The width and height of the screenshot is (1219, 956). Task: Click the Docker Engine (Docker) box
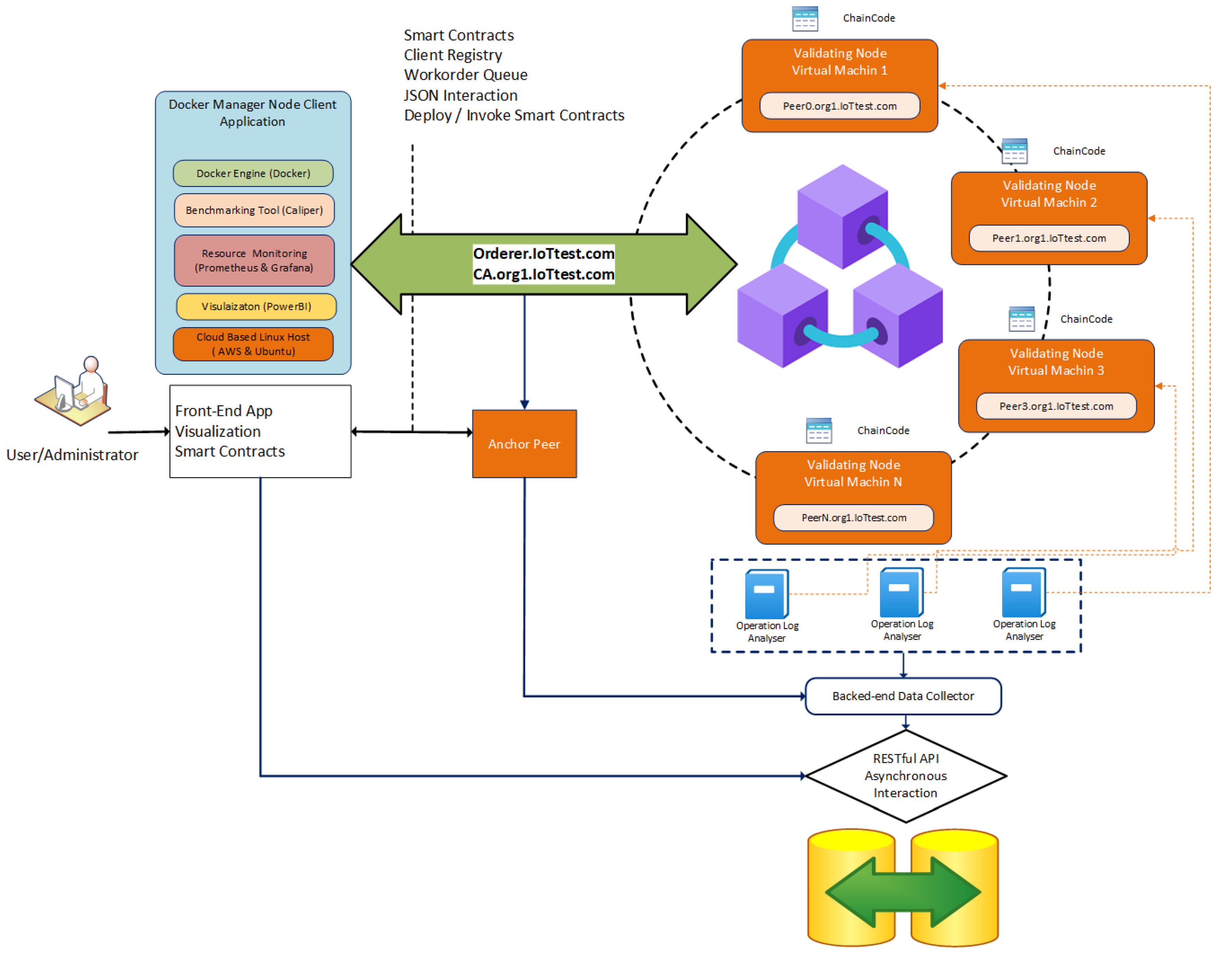tap(253, 174)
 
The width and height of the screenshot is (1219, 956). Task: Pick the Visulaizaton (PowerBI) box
tap(256, 307)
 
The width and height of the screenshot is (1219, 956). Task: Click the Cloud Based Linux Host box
tap(253, 344)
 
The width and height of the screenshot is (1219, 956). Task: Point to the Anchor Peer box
tap(524, 444)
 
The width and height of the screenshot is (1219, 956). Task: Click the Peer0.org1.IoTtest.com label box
tap(839, 106)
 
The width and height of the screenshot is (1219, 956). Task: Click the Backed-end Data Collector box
tap(903, 696)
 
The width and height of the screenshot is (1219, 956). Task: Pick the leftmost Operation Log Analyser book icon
tap(766, 593)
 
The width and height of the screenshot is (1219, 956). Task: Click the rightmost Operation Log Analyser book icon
tap(1023, 592)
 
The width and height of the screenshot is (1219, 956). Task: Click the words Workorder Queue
tap(465, 75)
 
